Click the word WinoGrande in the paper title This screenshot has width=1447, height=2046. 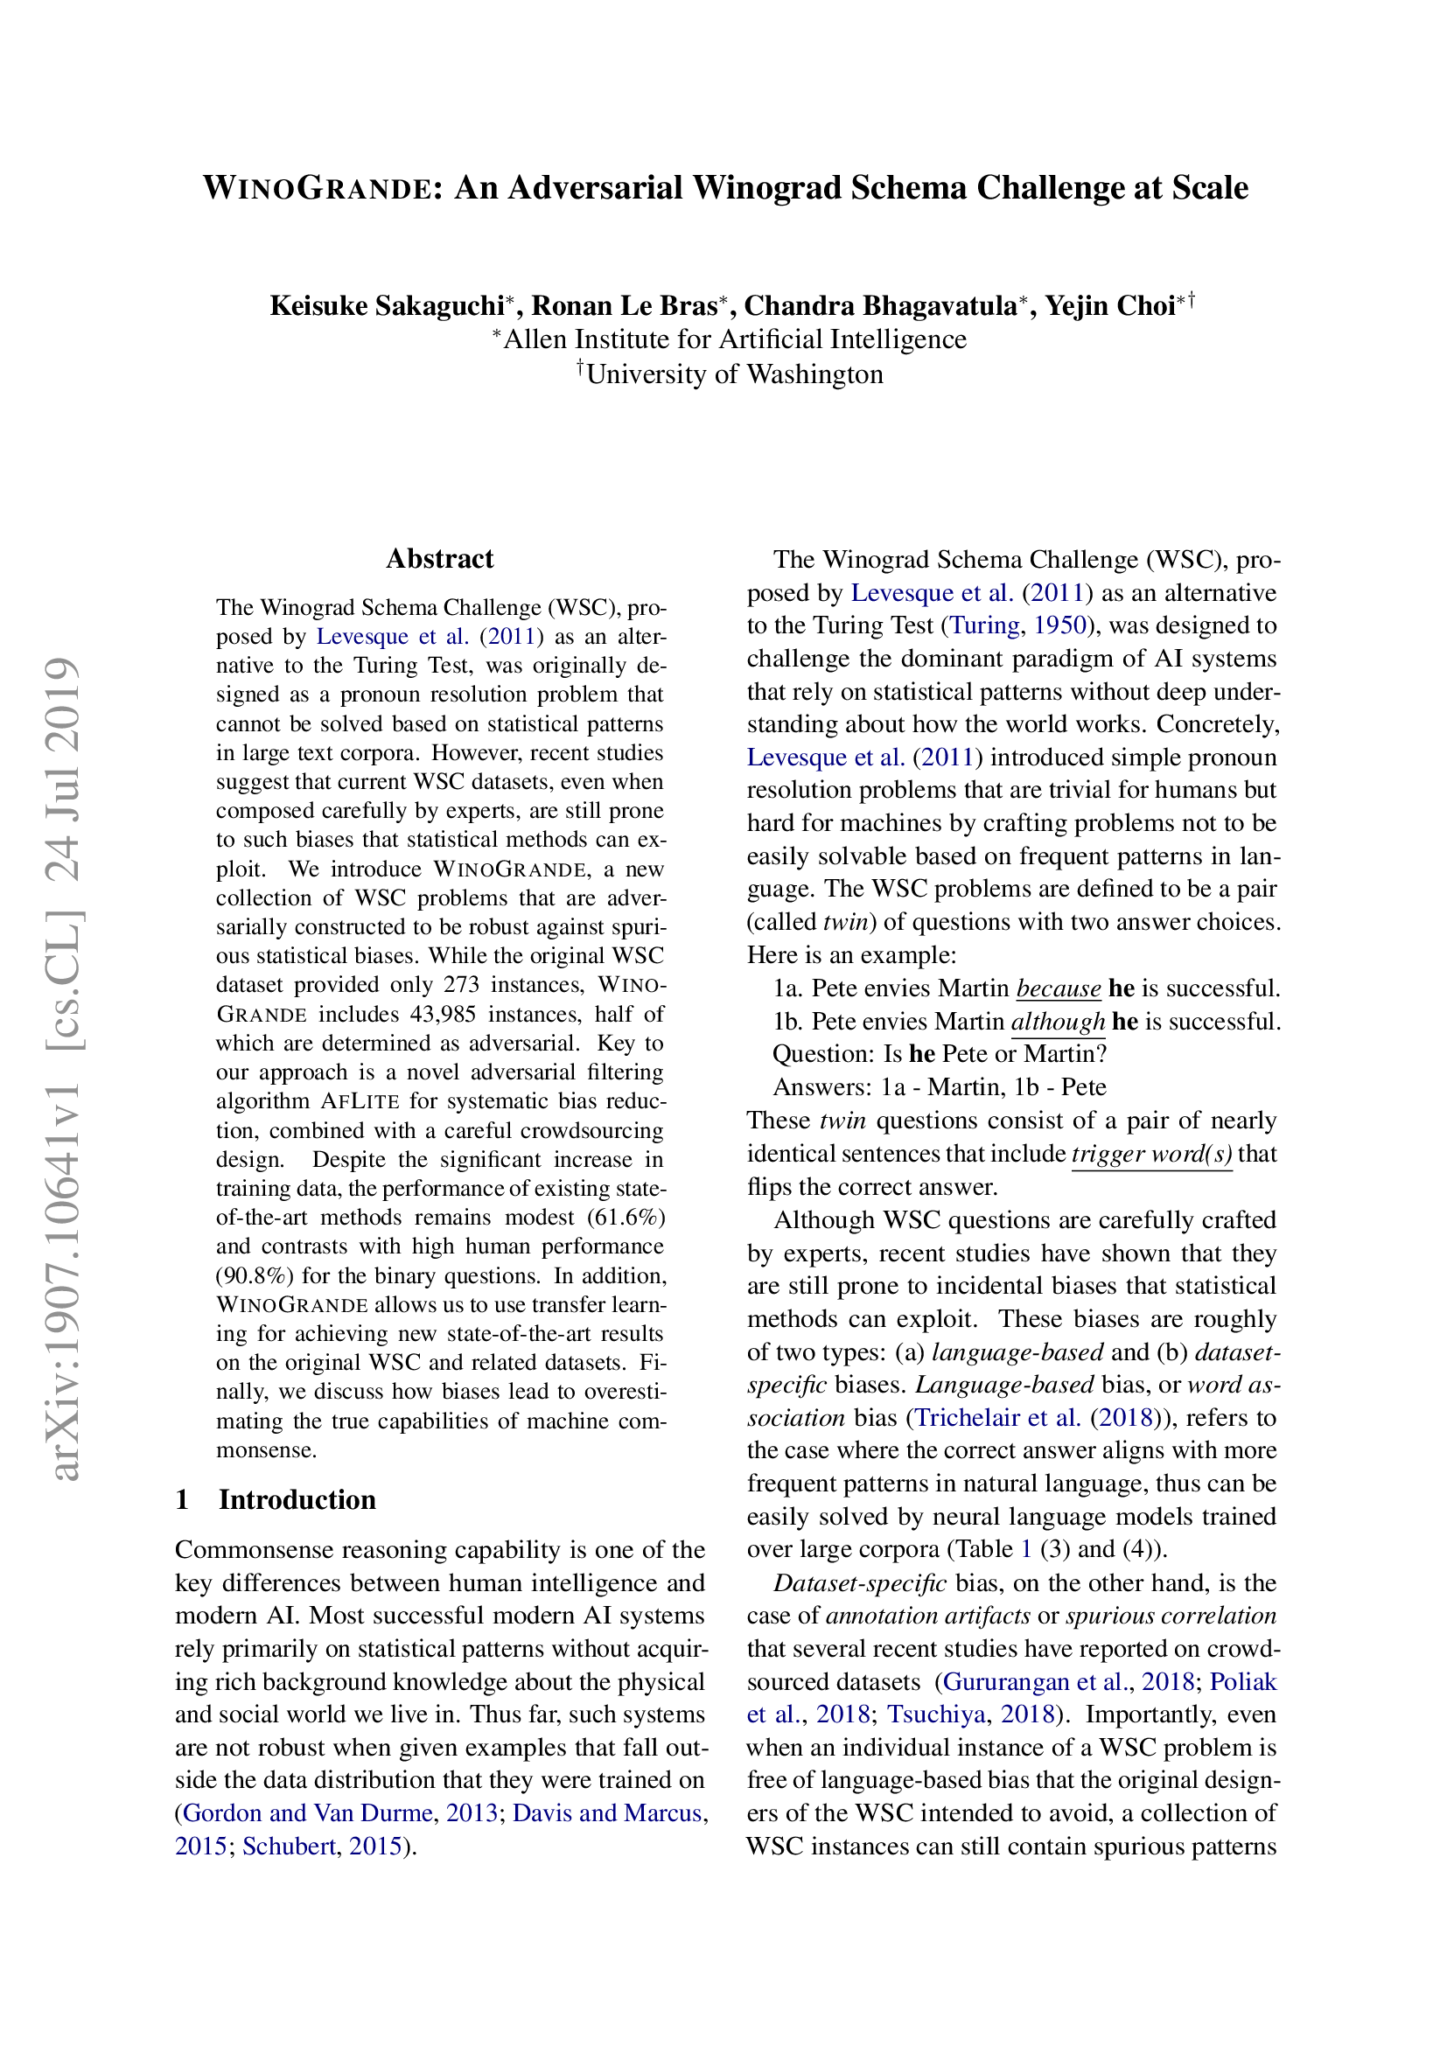click(x=318, y=188)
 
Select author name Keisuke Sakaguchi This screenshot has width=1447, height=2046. click(x=387, y=305)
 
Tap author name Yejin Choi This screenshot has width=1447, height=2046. click(x=1109, y=305)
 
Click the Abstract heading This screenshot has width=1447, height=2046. click(x=439, y=559)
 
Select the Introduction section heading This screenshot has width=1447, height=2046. click(x=297, y=1499)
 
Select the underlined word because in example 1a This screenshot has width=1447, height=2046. click(x=1058, y=988)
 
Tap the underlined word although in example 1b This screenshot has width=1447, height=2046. click(x=1058, y=1021)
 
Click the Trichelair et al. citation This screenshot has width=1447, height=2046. click(x=998, y=1417)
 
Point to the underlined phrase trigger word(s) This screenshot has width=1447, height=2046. click(x=1151, y=1154)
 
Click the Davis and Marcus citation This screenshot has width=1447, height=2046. click(x=607, y=1812)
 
